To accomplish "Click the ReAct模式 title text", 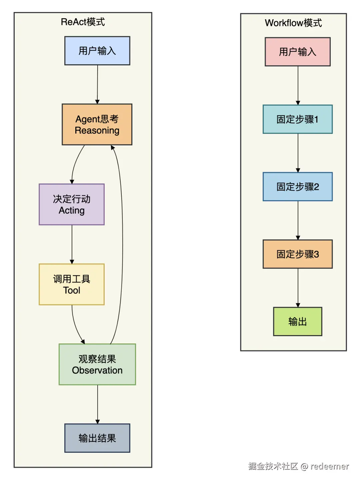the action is point(83,22).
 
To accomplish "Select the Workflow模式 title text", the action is point(293,23).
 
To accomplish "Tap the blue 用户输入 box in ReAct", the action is point(97,51).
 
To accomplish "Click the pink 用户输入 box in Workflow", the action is point(297,52).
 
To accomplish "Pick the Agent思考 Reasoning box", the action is point(97,124).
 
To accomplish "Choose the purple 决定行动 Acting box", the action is point(72,204).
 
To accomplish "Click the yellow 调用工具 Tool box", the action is point(72,284).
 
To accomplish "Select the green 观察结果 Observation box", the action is point(97,364).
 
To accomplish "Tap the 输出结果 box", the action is point(97,438).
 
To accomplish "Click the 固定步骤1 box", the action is point(297,119).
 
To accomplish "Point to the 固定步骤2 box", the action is point(297,187).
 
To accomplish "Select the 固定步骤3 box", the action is point(297,254).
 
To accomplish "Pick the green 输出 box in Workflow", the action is point(297,321).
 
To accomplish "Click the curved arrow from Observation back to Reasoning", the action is point(122,244).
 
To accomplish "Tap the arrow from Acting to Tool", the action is point(72,244).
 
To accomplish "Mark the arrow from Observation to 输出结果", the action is point(98,404).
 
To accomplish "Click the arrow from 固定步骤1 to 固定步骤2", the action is point(298,153).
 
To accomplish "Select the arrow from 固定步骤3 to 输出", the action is point(298,288).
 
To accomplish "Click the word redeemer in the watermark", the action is point(329,466).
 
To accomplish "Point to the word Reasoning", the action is point(97,131).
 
